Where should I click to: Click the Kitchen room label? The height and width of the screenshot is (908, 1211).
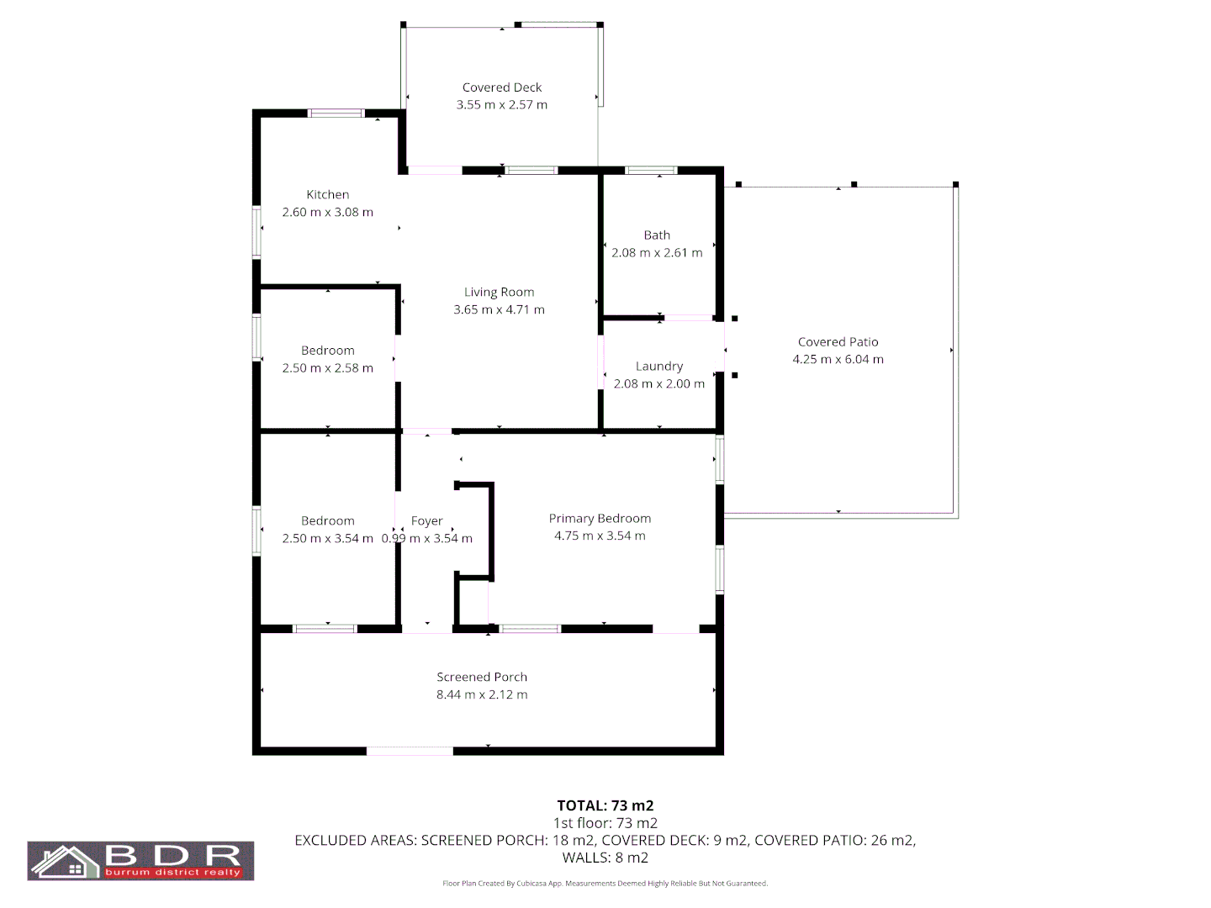(x=327, y=194)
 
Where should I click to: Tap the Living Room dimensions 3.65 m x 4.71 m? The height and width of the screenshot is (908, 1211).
(x=499, y=309)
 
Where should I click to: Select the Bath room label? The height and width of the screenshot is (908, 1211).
(x=657, y=235)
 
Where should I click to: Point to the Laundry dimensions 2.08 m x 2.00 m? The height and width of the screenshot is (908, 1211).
(x=659, y=383)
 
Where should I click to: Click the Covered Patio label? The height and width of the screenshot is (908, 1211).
(x=838, y=342)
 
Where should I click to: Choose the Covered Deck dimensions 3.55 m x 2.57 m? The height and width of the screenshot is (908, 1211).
(x=501, y=105)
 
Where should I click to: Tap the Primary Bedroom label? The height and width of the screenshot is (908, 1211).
(x=600, y=519)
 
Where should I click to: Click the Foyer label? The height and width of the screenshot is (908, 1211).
(x=426, y=521)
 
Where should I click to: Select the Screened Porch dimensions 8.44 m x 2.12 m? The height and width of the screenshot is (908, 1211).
(x=482, y=694)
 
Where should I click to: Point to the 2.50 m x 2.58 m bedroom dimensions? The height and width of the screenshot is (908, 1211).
(x=327, y=368)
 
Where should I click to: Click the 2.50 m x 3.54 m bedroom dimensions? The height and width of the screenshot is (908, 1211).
(x=327, y=538)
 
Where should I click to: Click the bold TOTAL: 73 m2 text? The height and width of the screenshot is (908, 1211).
(x=605, y=805)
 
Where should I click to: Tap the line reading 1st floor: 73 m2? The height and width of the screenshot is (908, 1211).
(x=605, y=823)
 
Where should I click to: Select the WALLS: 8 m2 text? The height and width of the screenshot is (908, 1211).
(x=605, y=858)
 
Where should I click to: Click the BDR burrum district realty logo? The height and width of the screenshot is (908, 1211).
(x=140, y=860)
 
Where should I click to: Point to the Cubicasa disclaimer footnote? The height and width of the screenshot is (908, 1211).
(x=605, y=884)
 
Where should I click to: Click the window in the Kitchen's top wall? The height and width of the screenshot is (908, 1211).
(x=336, y=113)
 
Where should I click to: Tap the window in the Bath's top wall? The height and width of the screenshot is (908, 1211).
(x=652, y=171)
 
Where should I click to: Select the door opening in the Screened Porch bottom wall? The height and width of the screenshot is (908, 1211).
(x=410, y=751)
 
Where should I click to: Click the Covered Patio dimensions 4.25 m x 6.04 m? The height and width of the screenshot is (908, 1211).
(x=838, y=359)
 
